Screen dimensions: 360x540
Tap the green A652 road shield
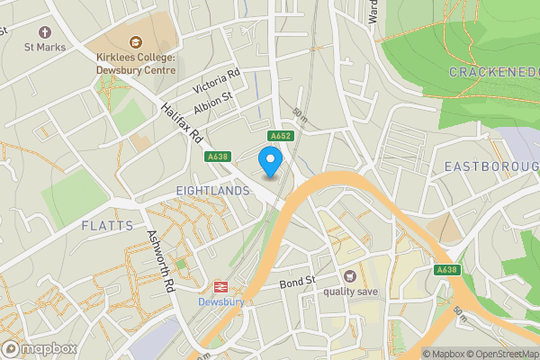pyautogui.click(x=279, y=136)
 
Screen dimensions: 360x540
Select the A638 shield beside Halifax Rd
pyautogui.click(x=217, y=157)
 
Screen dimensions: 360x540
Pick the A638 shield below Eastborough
pyautogui.click(x=446, y=269)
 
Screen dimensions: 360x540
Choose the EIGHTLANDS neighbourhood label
pyautogui.click(x=212, y=191)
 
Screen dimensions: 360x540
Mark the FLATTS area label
pyautogui.click(x=106, y=225)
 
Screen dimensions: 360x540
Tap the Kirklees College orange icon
pyautogui.click(x=136, y=41)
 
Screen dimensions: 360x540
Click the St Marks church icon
pyautogui.click(x=4, y=30)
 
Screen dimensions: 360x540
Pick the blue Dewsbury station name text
pyautogui.click(x=220, y=301)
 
